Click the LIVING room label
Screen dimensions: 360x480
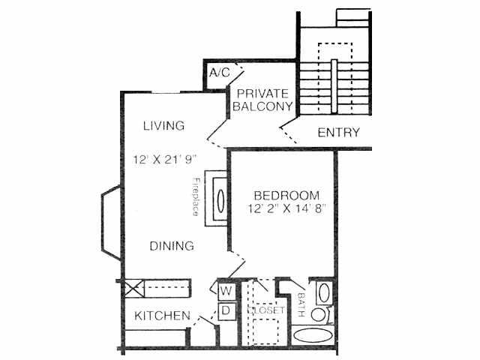pos(163,125)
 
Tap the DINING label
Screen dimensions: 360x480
pos(171,246)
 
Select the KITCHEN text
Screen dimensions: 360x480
pos(162,316)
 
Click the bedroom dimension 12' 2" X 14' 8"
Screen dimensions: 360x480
pos(287,209)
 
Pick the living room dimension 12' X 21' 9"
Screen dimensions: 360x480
pos(164,160)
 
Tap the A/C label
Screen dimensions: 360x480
pos(219,73)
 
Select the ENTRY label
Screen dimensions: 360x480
pos(338,133)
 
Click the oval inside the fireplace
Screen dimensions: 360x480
pos(221,200)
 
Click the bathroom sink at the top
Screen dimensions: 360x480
pos(323,292)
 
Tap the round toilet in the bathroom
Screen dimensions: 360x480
pos(319,314)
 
